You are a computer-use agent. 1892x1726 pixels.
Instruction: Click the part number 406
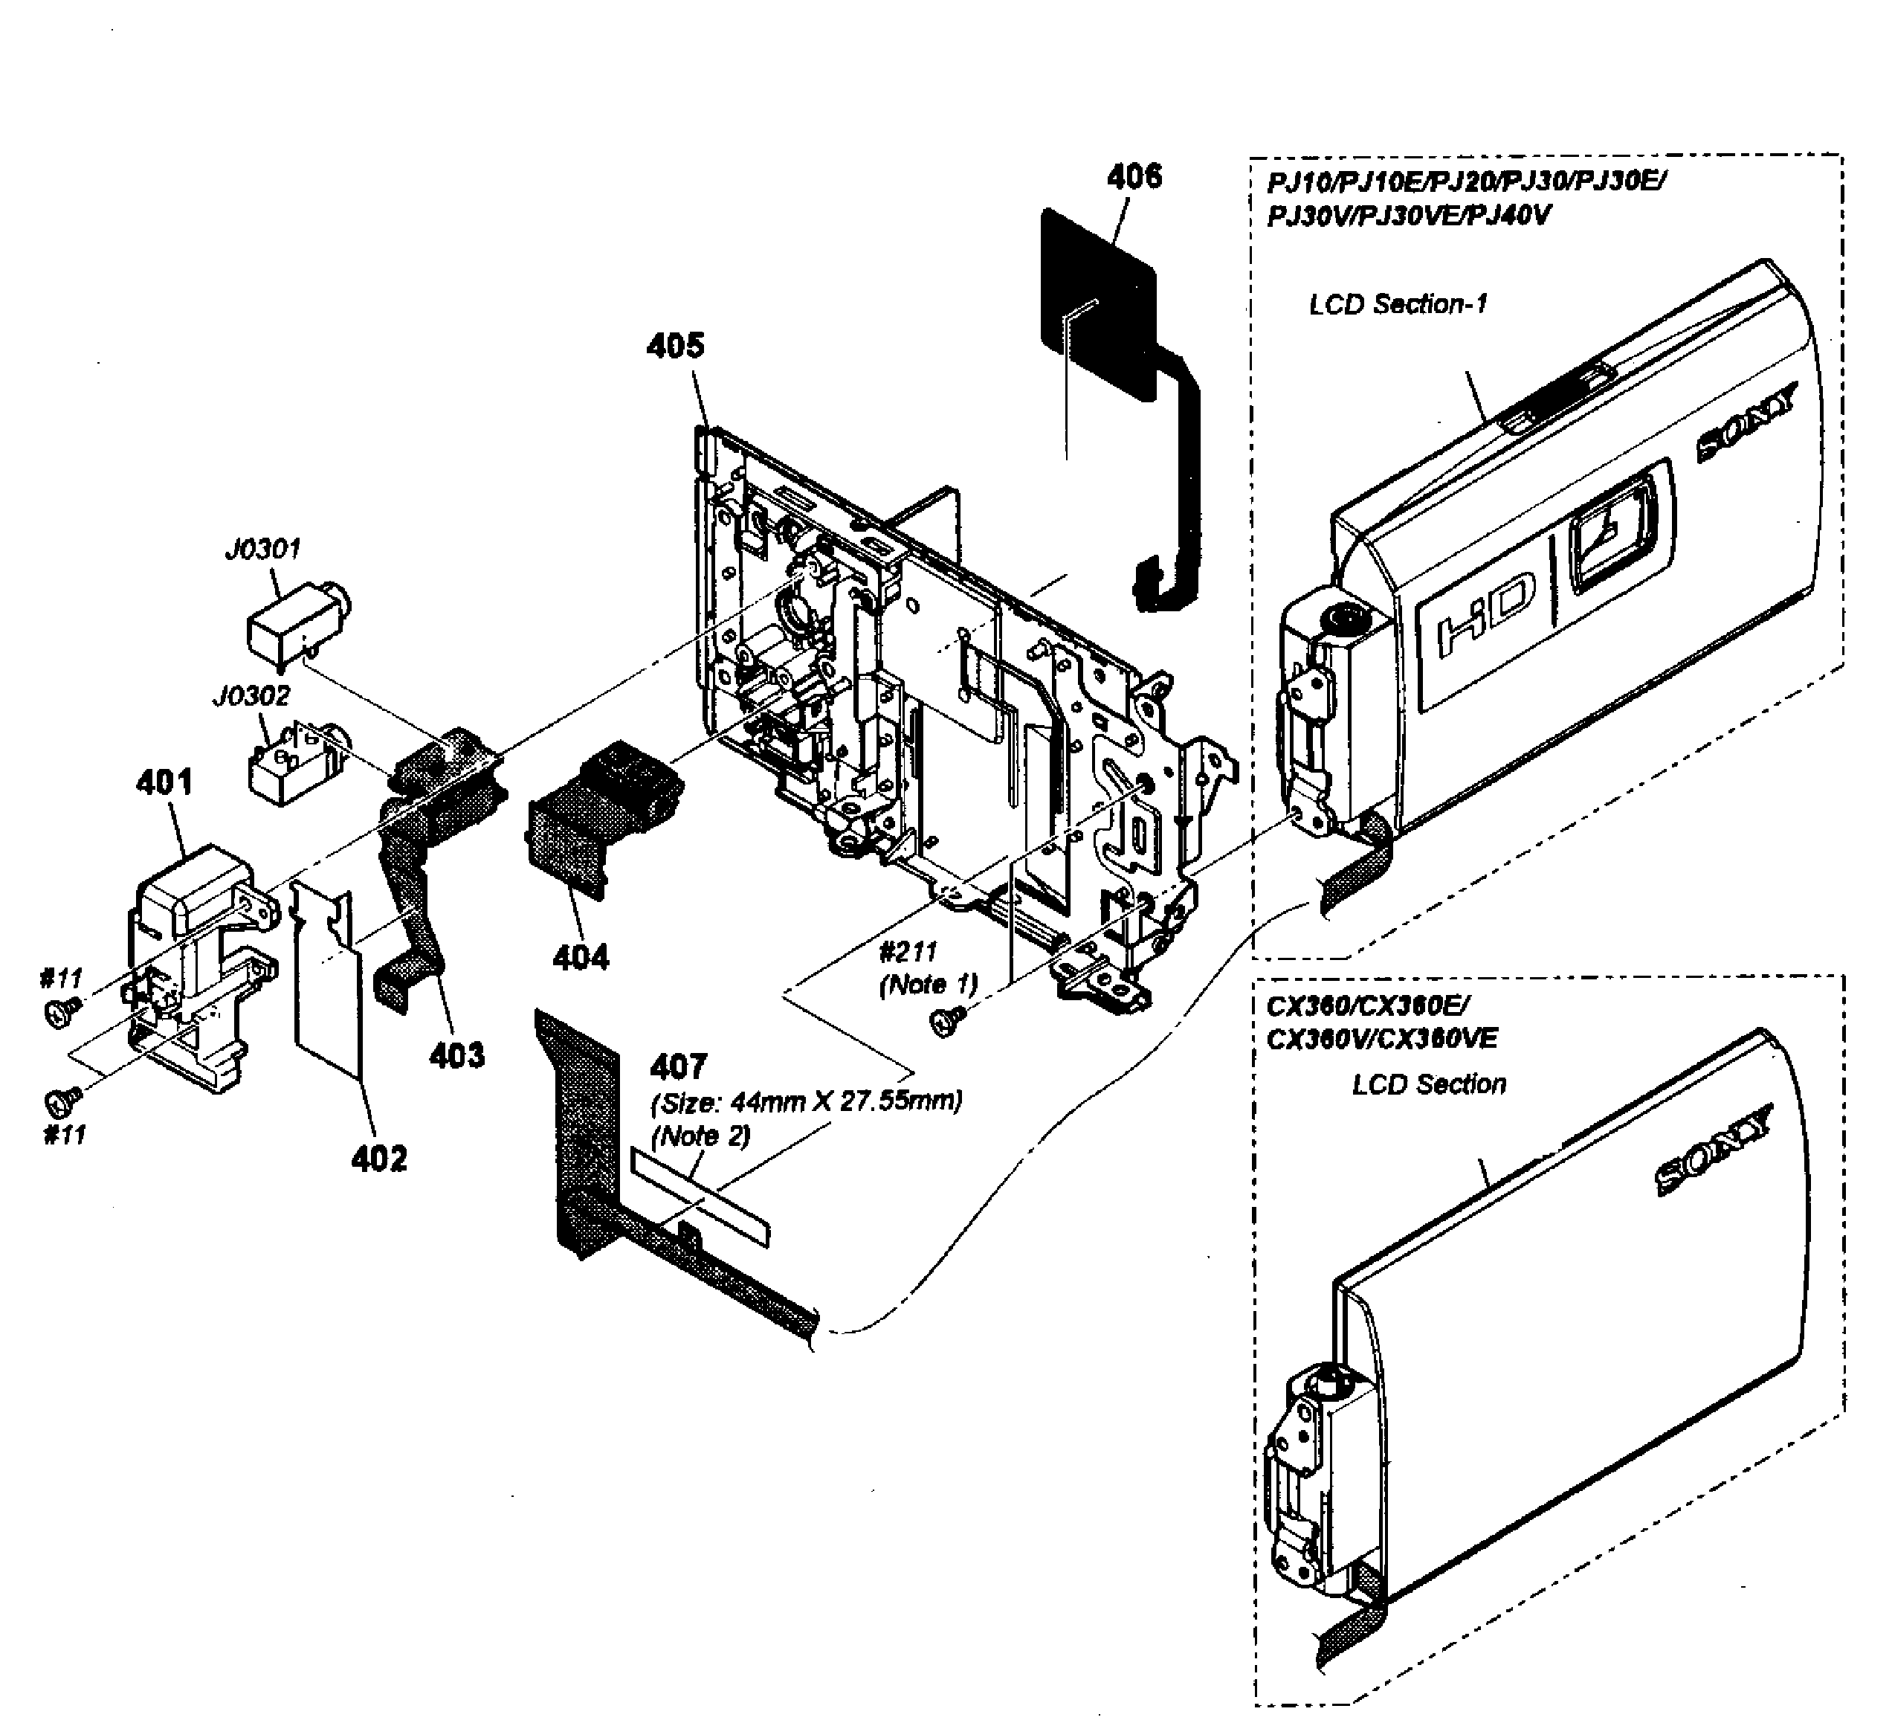point(1134,176)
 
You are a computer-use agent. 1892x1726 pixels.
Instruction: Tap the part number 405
point(675,347)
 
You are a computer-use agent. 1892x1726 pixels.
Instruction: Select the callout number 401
point(164,782)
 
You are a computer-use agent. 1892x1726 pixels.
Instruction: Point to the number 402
point(379,1160)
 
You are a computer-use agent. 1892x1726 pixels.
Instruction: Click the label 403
point(457,1056)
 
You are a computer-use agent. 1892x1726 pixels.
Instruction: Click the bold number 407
point(677,1067)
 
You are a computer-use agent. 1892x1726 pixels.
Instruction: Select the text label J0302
point(251,696)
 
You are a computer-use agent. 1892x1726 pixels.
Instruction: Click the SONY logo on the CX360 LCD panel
point(1713,1150)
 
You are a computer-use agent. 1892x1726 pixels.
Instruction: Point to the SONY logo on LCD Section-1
point(1748,423)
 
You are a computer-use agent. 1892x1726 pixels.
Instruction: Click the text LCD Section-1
point(1398,305)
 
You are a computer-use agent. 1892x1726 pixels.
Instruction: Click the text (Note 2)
point(700,1136)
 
